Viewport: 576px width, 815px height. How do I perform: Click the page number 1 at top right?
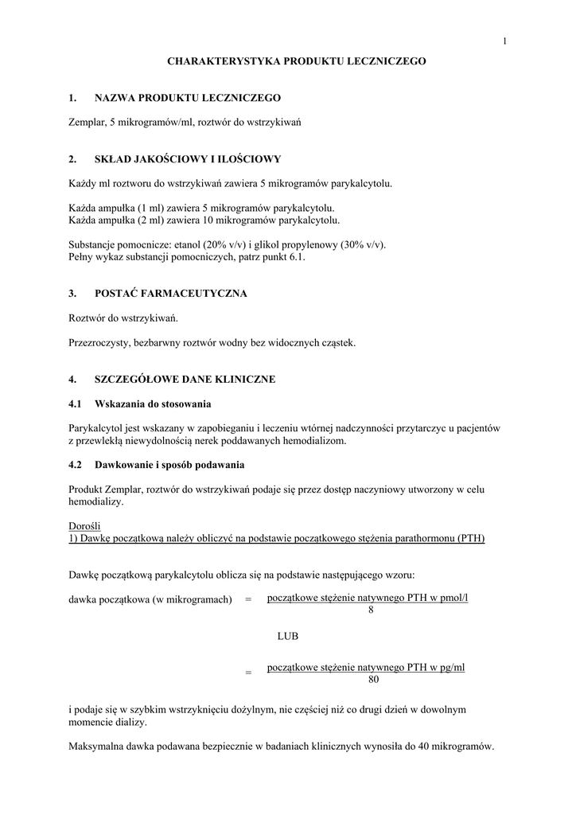[x=504, y=41]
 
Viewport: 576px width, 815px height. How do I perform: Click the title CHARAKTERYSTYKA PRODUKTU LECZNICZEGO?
[x=296, y=60]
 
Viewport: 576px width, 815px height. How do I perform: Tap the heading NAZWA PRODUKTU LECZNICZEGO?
[x=188, y=98]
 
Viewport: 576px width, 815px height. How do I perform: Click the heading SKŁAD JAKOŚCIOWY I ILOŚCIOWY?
[x=188, y=159]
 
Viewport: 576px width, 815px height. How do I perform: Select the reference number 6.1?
[x=296, y=257]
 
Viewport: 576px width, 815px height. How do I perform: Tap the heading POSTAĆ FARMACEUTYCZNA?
[x=171, y=294]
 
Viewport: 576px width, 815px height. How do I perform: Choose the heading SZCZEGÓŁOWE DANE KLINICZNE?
[x=185, y=380]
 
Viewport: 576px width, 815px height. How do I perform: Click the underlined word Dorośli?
[x=85, y=526]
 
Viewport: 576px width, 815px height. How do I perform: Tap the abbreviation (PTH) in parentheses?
[x=471, y=538]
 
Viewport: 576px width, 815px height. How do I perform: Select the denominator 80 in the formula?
[x=374, y=680]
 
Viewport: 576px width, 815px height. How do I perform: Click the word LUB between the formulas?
[x=288, y=637]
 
